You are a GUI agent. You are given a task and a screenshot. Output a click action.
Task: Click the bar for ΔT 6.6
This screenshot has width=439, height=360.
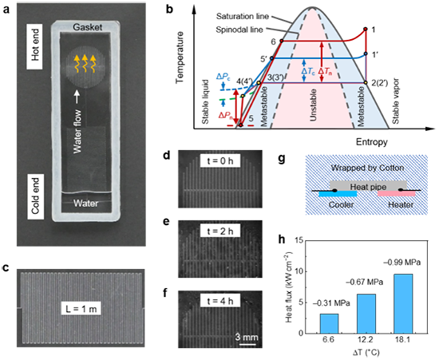coord(329,323)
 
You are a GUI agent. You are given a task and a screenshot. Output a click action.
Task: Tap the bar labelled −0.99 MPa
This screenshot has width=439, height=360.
coord(403,304)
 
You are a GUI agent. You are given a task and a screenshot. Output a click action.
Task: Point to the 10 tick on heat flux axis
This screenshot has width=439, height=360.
coord(299,271)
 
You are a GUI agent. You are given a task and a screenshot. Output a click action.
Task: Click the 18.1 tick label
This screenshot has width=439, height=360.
coord(403,340)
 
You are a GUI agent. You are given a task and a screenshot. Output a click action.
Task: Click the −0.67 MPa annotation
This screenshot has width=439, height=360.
coord(364,283)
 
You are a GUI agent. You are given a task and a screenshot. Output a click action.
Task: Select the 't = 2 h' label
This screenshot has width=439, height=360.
coord(220,231)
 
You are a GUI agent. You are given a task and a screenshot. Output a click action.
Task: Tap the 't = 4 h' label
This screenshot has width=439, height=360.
coord(220,301)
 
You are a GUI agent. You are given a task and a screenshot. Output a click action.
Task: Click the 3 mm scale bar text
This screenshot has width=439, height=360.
coord(247,337)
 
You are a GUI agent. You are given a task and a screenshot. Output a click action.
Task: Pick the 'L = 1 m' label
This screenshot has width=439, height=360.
coord(81,310)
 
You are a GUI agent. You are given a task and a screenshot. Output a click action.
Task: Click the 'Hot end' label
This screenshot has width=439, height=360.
coord(34,46)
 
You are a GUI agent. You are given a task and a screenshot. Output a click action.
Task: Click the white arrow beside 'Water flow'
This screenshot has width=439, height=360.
coord(77,97)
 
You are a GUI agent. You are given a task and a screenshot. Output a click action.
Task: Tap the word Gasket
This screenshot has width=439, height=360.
coord(88,27)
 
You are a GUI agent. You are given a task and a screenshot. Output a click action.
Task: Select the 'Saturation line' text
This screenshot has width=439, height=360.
coord(243,17)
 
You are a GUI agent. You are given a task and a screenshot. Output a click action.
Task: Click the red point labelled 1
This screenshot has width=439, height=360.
coord(366,29)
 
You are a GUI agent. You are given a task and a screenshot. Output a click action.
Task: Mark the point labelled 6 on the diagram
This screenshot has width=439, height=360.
coord(282,41)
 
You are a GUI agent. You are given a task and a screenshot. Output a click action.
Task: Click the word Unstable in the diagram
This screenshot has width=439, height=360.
coord(314,105)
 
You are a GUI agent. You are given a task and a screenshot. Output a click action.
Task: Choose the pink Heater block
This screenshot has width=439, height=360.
coord(397,194)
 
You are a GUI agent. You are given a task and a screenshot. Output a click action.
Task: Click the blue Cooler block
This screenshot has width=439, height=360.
coord(338,194)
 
